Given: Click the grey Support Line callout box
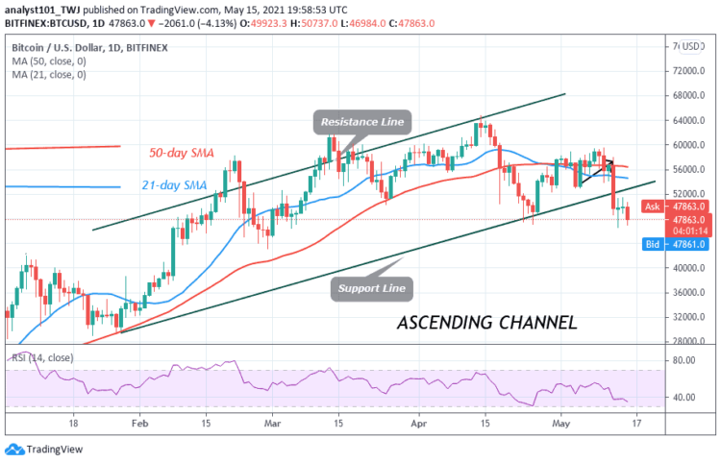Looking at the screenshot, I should coord(370,286).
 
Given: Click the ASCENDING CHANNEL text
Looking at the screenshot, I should coord(486,323).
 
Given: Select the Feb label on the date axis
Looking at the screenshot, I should coord(139,421).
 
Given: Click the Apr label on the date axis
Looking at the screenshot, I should coord(417,421).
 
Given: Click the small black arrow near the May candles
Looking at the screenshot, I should coord(597,171).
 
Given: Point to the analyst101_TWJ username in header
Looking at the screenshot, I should coord(44,8).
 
